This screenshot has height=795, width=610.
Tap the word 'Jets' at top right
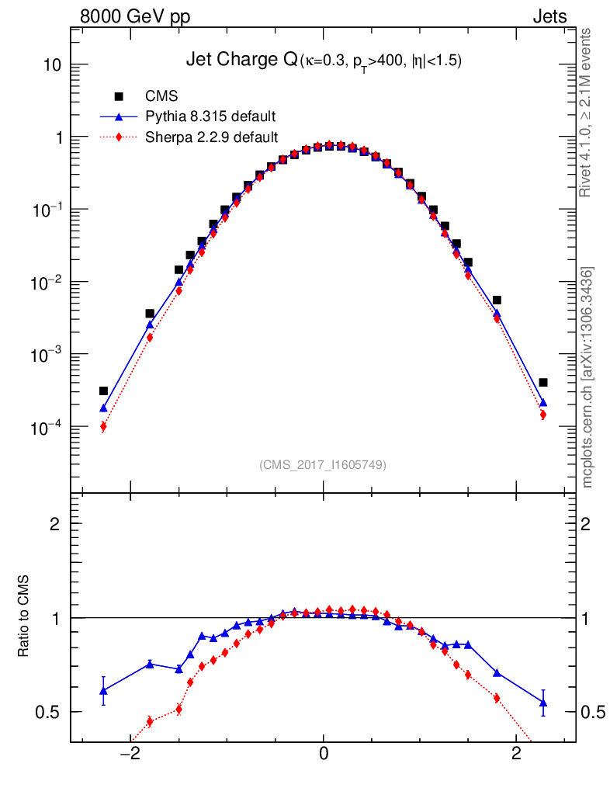coord(549,16)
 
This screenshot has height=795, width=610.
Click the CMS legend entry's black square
coord(120,96)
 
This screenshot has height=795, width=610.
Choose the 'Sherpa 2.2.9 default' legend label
coord(212,137)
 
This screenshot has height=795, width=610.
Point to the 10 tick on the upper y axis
coord(51,65)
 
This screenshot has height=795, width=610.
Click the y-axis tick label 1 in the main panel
coord(57,137)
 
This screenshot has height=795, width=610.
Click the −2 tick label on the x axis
coord(130,754)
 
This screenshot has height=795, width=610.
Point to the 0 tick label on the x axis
coord(324,754)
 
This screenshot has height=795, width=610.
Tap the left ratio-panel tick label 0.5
coord(48,712)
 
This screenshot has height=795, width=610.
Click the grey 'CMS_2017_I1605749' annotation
coord(323,464)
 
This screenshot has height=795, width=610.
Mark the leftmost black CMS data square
coord(103,391)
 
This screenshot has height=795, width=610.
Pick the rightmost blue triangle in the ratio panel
coord(543,703)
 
